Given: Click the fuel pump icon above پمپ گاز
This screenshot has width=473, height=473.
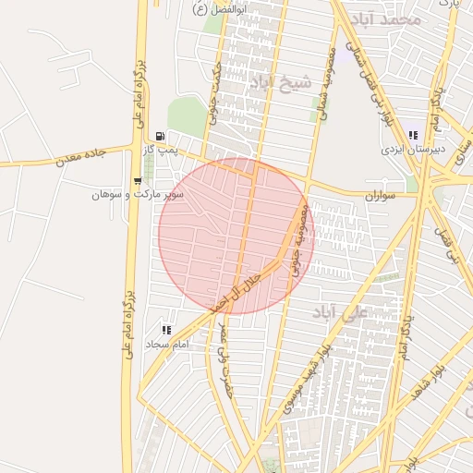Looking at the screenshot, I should click(x=161, y=135).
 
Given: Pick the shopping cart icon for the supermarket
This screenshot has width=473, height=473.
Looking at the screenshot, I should click(x=138, y=181).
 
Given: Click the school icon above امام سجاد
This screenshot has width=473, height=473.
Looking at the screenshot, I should click(x=166, y=330).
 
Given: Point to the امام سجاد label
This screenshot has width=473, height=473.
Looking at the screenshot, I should click(x=166, y=344).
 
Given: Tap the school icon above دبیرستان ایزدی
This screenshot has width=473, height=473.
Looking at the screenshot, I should click(x=413, y=135).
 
